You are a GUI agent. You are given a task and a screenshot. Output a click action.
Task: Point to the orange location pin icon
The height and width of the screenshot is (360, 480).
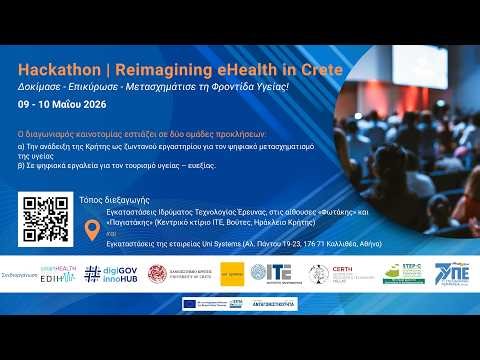(94, 232)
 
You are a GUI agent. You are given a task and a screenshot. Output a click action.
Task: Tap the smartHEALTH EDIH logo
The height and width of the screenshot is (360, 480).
(59, 273)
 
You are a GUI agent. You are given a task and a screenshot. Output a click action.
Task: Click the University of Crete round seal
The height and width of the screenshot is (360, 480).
(157, 273)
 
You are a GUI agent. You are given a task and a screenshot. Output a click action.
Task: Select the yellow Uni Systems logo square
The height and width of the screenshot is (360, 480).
(232, 273)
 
